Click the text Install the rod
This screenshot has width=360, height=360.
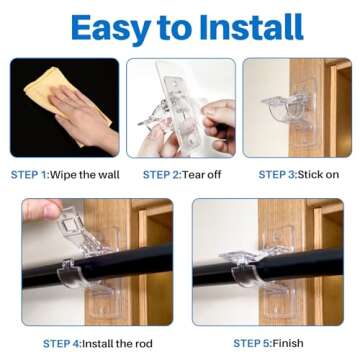pos(121,343)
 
